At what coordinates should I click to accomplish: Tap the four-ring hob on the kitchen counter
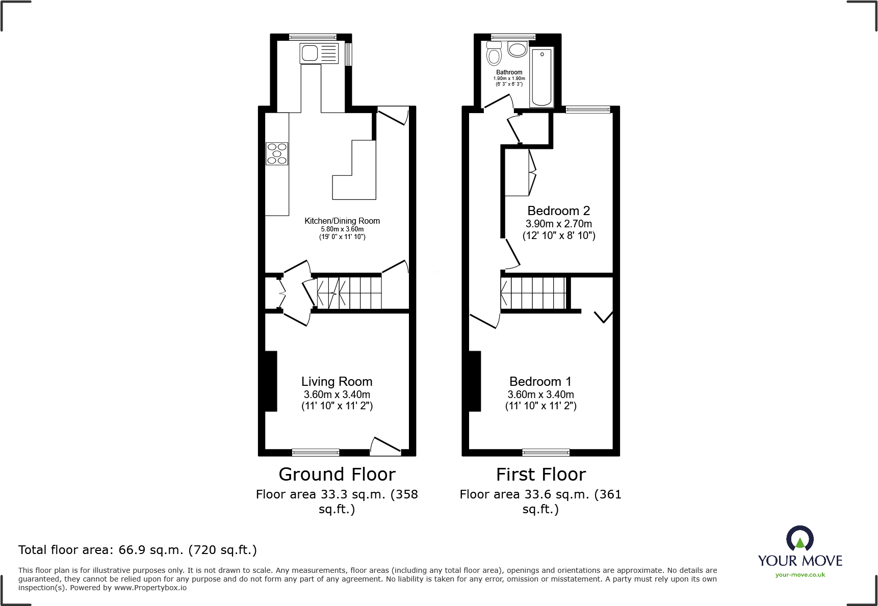pos(277,153)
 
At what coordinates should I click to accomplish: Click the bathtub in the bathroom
pos(541,77)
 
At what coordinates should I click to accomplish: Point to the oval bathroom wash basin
pos(518,50)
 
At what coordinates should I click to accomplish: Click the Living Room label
pos(337,382)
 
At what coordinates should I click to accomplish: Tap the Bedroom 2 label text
pos(558,210)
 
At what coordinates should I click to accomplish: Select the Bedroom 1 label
pos(540,382)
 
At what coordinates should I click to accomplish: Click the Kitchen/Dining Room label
pos(342,221)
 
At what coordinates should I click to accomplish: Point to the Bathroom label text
pos(509,72)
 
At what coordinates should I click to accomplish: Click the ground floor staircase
pos(349,293)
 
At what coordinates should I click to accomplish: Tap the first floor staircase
pos(533,294)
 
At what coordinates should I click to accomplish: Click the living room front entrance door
pos(386,446)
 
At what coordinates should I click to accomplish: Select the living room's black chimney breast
pos(271,381)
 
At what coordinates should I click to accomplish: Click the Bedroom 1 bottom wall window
pos(546,452)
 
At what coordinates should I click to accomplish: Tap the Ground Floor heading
pos(337,475)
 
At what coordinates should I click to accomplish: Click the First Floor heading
pos(540,475)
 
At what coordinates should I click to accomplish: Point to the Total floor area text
pos(138,550)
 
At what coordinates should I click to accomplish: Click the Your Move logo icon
pos(799,539)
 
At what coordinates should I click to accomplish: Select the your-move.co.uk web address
pos(799,575)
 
